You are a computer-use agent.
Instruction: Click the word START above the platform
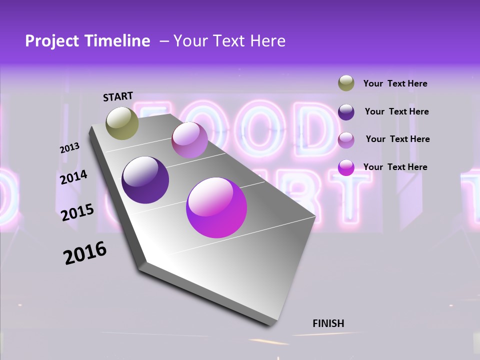(x=118, y=96)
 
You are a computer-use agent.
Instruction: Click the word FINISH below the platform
(x=328, y=323)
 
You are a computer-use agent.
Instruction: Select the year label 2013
(x=70, y=148)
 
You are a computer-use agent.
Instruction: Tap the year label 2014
(x=74, y=177)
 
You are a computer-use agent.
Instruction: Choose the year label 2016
(x=85, y=253)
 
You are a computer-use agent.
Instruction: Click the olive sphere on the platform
(x=122, y=123)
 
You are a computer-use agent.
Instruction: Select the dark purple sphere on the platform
(x=145, y=180)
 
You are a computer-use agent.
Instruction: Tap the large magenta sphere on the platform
(x=216, y=207)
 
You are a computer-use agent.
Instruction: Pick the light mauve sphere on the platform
(x=189, y=140)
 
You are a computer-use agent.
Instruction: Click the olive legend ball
(x=346, y=83)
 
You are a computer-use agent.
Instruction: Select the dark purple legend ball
(x=346, y=111)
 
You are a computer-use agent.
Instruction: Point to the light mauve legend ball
(x=346, y=139)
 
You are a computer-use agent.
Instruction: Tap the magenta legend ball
(x=346, y=167)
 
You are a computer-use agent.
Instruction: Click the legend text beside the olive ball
(x=395, y=83)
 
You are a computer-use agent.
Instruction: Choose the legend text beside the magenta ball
(x=395, y=167)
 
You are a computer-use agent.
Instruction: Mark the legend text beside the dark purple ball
(x=396, y=111)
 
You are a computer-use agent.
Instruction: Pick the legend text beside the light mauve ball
(x=397, y=139)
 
